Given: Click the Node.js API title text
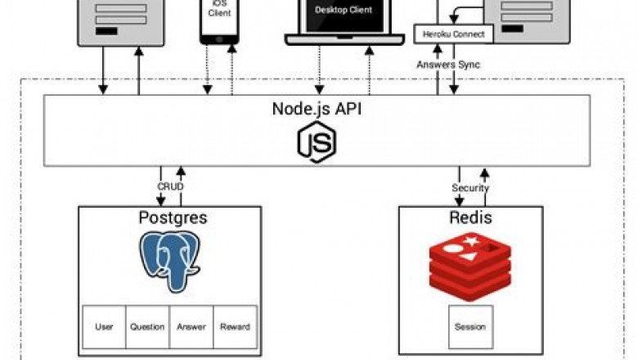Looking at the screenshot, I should (316, 109).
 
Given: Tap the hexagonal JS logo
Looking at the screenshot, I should (316, 142).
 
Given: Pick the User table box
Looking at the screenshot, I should (104, 326).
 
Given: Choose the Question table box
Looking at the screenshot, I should (147, 326).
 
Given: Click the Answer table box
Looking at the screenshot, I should (191, 326).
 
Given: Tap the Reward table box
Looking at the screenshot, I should (235, 326).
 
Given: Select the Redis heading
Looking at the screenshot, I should (470, 218).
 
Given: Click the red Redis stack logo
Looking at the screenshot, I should (470, 266).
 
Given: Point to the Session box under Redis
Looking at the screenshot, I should (470, 326).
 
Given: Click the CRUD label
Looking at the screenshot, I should (170, 187).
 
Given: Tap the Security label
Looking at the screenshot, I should (470, 187).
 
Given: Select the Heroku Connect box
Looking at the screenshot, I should (455, 34).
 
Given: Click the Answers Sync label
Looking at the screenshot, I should (447, 63).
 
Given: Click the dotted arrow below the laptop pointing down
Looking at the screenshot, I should (319, 70).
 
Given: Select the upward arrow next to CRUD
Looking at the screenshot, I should (181, 177).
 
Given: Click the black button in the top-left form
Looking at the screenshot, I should (106, 32).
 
